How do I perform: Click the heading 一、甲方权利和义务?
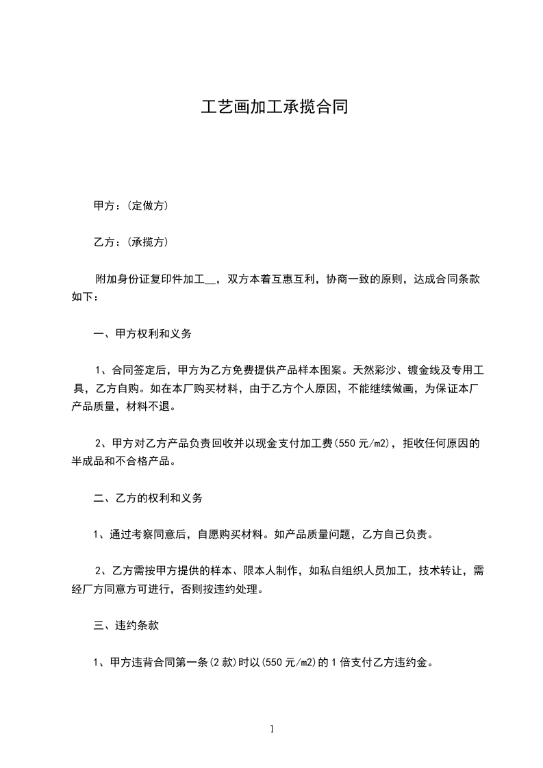142,335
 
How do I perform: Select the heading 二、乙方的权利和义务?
148,499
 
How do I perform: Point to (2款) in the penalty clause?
222,663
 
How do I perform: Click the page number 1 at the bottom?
272,730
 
